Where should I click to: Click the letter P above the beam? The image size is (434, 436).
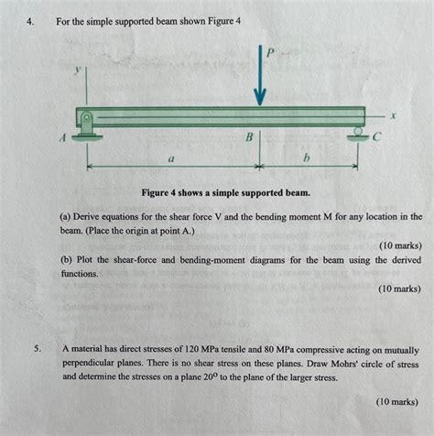(270, 53)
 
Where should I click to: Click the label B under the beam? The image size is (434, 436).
(246, 137)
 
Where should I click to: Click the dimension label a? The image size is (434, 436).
(171, 158)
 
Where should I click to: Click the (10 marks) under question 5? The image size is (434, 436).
(395, 401)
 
